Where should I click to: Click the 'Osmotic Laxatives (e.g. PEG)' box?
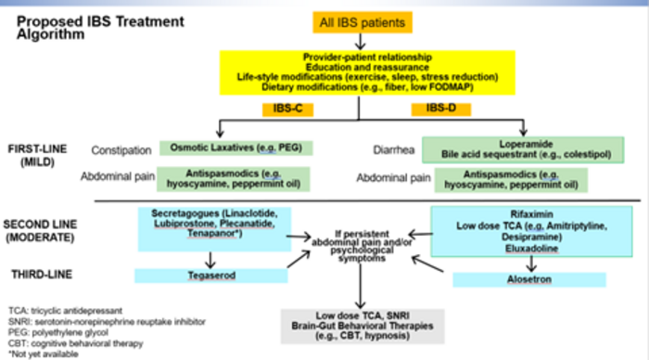[235, 148]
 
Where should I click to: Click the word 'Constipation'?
[122, 149]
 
